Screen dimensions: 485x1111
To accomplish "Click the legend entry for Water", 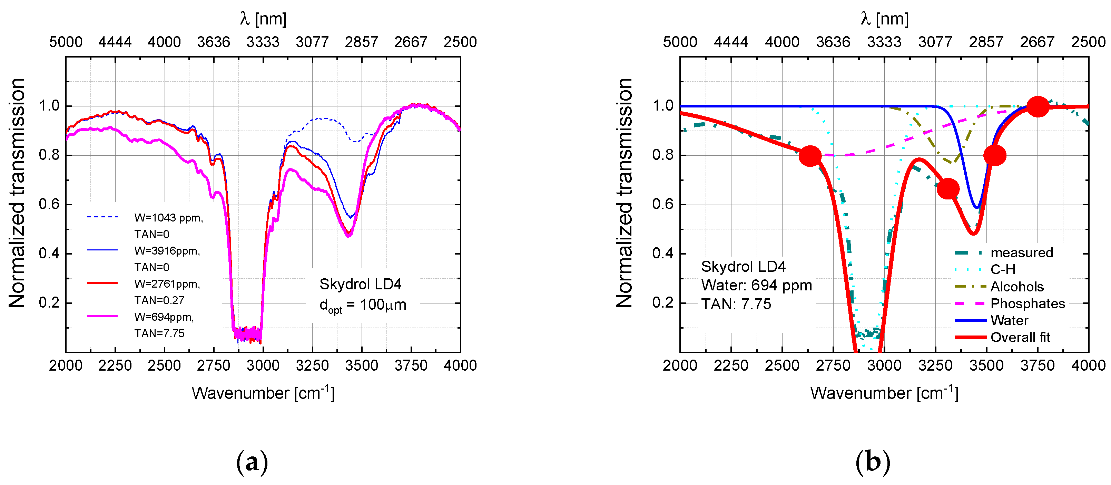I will click(x=1009, y=320).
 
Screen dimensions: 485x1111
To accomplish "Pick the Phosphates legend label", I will click(x=1028, y=304).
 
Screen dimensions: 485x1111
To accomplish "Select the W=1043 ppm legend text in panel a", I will click(x=168, y=218).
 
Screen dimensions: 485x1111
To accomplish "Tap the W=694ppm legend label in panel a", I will click(x=164, y=317).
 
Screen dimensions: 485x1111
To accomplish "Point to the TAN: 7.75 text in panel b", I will click(x=736, y=304).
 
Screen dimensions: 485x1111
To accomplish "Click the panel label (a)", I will click(x=252, y=462).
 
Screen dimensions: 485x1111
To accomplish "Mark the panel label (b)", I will click(x=873, y=462).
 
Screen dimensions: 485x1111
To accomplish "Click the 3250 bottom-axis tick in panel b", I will click(x=935, y=366).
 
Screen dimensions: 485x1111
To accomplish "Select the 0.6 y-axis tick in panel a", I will click(x=49, y=204).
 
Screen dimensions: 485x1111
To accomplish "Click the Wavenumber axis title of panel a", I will click(x=263, y=393).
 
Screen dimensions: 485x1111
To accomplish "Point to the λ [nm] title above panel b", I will click(x=884, y=19).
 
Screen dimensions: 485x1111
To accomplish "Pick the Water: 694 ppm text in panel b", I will click(x=756, y=286).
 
